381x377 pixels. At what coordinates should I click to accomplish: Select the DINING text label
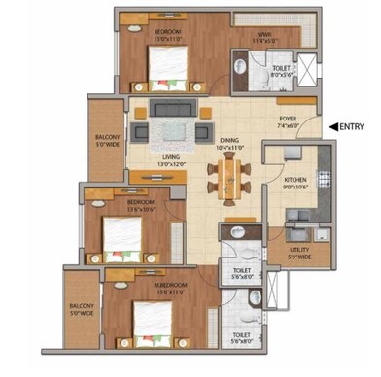[x=229, y=142]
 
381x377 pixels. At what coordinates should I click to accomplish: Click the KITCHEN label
[x=296, y=180]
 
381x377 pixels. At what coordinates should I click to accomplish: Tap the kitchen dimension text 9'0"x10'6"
[x=296, y=188]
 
